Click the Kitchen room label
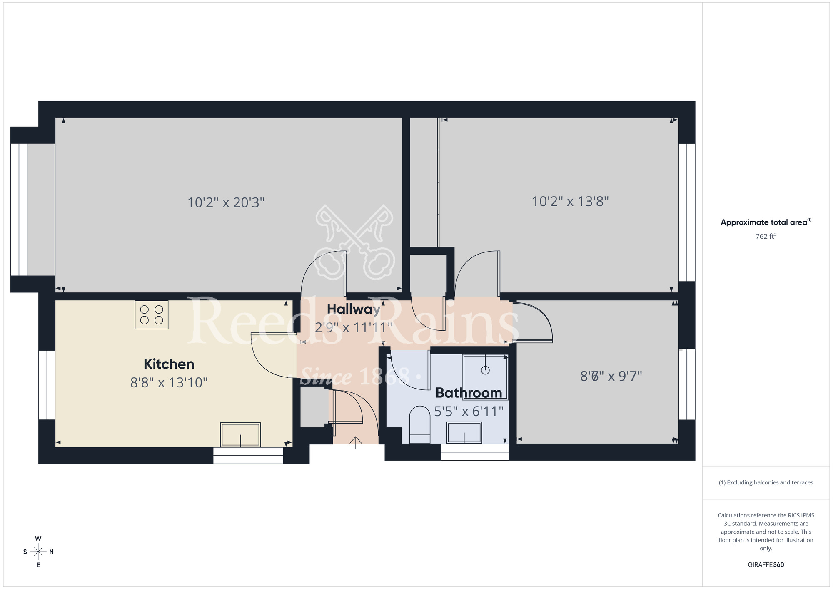tap(169, 364)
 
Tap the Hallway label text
tap(353, 309)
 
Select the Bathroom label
tap(469, 393)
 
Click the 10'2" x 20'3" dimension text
tap(226, 202)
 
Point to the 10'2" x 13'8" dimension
tap(570, 202)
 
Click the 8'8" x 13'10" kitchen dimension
tap(169, 382)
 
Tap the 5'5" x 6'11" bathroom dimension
tap(469, 412)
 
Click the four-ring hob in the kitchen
tap(152, 315)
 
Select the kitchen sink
tap(240, 434)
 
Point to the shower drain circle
tap(485, 370)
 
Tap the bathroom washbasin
tap(464, 432)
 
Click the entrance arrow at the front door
tap(355, 442)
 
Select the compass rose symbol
tap(38, 552)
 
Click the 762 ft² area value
tap(766, 236)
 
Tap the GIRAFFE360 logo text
tap(766, 565)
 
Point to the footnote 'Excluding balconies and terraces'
tap(766, 482)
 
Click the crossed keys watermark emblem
tap(354, 242)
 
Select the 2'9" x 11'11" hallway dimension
tap(353, 328)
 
